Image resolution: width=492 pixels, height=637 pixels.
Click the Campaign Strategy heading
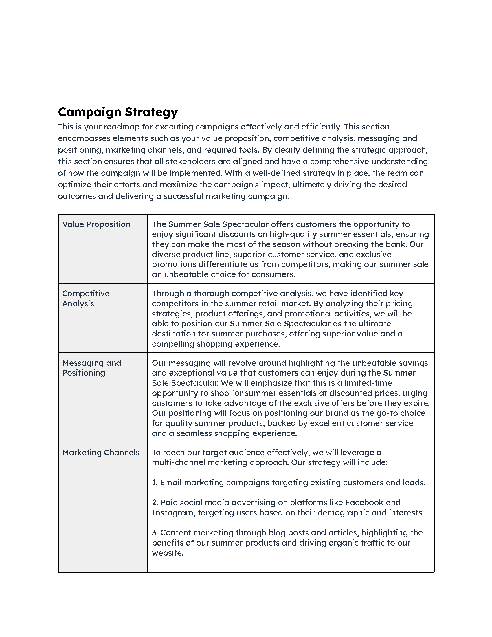pos(118,112)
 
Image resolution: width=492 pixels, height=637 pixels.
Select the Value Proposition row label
pos(96,224)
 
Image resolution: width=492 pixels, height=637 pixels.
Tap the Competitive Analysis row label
pos(86,298)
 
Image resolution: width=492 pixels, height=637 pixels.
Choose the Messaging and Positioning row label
pos(91,368)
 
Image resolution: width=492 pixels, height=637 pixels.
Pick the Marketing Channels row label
pos(101,452)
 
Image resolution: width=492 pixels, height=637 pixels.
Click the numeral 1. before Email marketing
pos(155,483)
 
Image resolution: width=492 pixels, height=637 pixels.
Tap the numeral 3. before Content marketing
pos(155,533)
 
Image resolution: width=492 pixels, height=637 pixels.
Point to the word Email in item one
pos(171,483)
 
